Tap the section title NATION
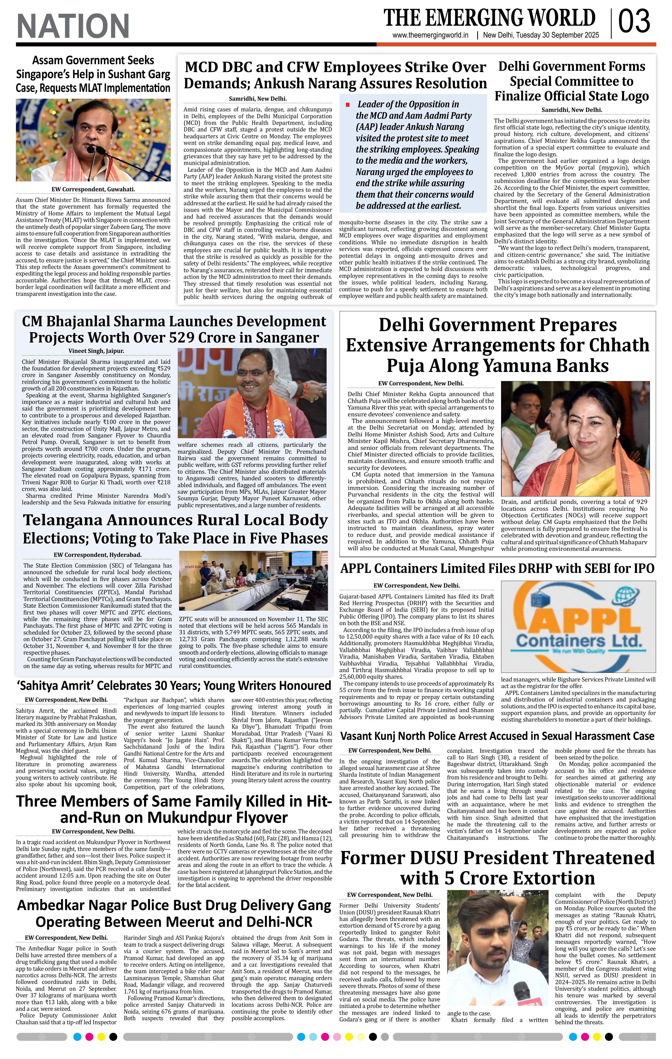click(x=73, y=26)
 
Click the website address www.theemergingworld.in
click(x=430, y=36)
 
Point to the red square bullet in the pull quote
click(x=348, y=105)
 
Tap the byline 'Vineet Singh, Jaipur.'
click(x=96, y=351)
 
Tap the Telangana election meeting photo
click(x=253, y=580)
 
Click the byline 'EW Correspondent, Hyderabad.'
click(x=98, y=555)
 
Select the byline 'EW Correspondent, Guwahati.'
click(x=93, y=190)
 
